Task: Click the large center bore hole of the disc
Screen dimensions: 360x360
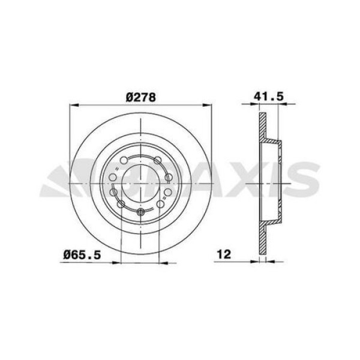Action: coord(140,181)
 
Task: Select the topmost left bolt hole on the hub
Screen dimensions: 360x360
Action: coord(124,160)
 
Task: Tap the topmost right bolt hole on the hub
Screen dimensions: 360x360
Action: coord(157,160)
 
